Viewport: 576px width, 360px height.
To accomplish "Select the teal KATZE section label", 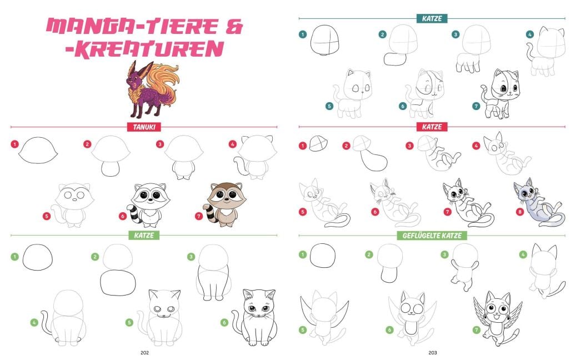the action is (x=432, y=18).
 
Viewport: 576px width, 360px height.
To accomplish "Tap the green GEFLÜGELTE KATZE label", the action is (x=432, y=236).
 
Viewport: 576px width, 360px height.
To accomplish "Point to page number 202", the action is (x=144, y=353).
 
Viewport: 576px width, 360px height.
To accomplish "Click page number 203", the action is (x=432, y=353).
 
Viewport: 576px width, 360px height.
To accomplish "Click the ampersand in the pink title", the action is (x=234, y=27).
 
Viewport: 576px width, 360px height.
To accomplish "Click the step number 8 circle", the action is (x=519, y=212).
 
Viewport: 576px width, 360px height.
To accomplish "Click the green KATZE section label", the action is (x=144, y=236).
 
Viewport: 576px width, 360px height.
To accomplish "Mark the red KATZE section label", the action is (x=432, y=127).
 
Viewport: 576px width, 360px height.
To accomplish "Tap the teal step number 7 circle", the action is (x=475, y=106).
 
